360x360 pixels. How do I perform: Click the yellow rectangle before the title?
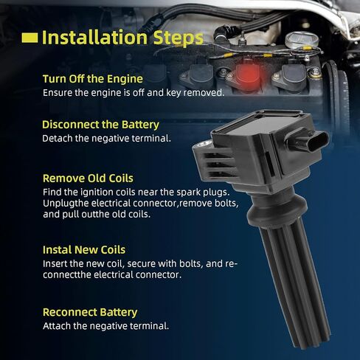coord(30,38)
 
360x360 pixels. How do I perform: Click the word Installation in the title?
coord(94,38)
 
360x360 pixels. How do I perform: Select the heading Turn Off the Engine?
coord(93,79)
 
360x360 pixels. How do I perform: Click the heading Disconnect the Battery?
coord(100,125)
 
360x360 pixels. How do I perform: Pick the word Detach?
coord(58,139)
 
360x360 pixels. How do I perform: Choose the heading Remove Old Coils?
coord(88,179)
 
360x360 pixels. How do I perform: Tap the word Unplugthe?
coord(66,204)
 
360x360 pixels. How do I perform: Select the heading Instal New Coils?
coord(84,250)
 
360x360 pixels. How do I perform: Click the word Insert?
coord(55,264)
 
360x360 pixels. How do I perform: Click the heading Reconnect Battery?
coord(90,312)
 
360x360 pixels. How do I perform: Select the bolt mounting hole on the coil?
coord(203,144)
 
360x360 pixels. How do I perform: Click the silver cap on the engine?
coord(302,39)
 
